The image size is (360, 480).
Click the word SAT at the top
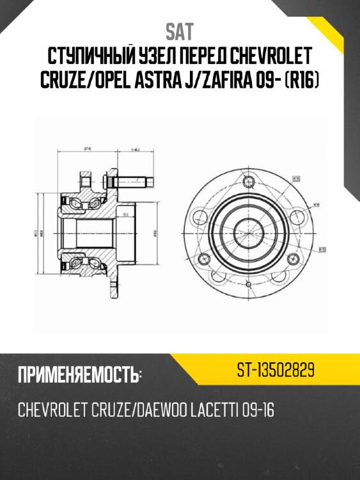tap(180, 31)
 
